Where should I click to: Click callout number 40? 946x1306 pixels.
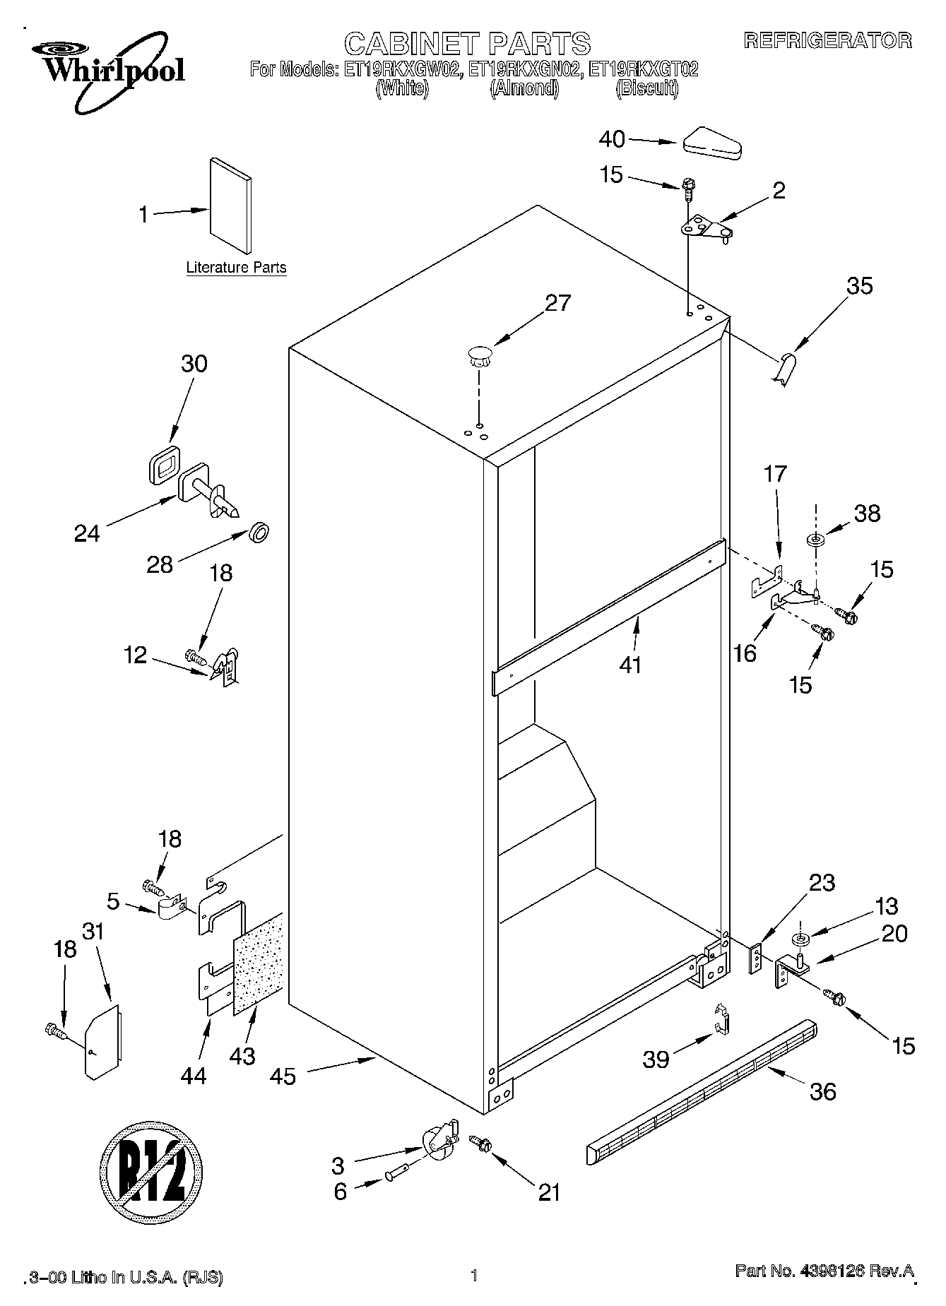[612, 140]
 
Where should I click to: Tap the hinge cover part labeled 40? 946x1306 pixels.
[711, 143]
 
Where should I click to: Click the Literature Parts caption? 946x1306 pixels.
[236, 268]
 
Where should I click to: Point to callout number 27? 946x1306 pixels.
[557, 303]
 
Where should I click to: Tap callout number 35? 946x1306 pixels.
[860, 286]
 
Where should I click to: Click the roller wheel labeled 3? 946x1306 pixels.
[439, 1141]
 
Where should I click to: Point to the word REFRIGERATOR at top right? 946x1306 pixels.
[827, 41]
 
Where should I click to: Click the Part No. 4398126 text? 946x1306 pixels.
[824, 1272]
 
